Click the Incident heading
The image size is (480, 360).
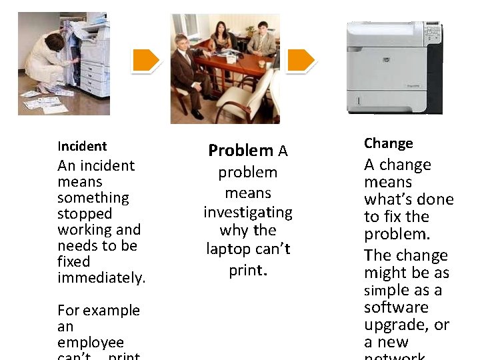(82, 146)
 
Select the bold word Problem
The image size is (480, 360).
(241, 151)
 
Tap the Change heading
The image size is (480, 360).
(389, 143)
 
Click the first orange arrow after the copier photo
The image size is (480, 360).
(145, 61)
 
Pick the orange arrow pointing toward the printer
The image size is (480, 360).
(301, 61)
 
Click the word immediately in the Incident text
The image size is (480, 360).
(101, 278)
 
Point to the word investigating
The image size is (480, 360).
(248, 213)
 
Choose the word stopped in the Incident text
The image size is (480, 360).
(85, 214)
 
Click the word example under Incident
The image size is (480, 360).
(110, 311)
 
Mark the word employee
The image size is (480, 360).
(91, 343)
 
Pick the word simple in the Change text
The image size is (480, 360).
(387, 291)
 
